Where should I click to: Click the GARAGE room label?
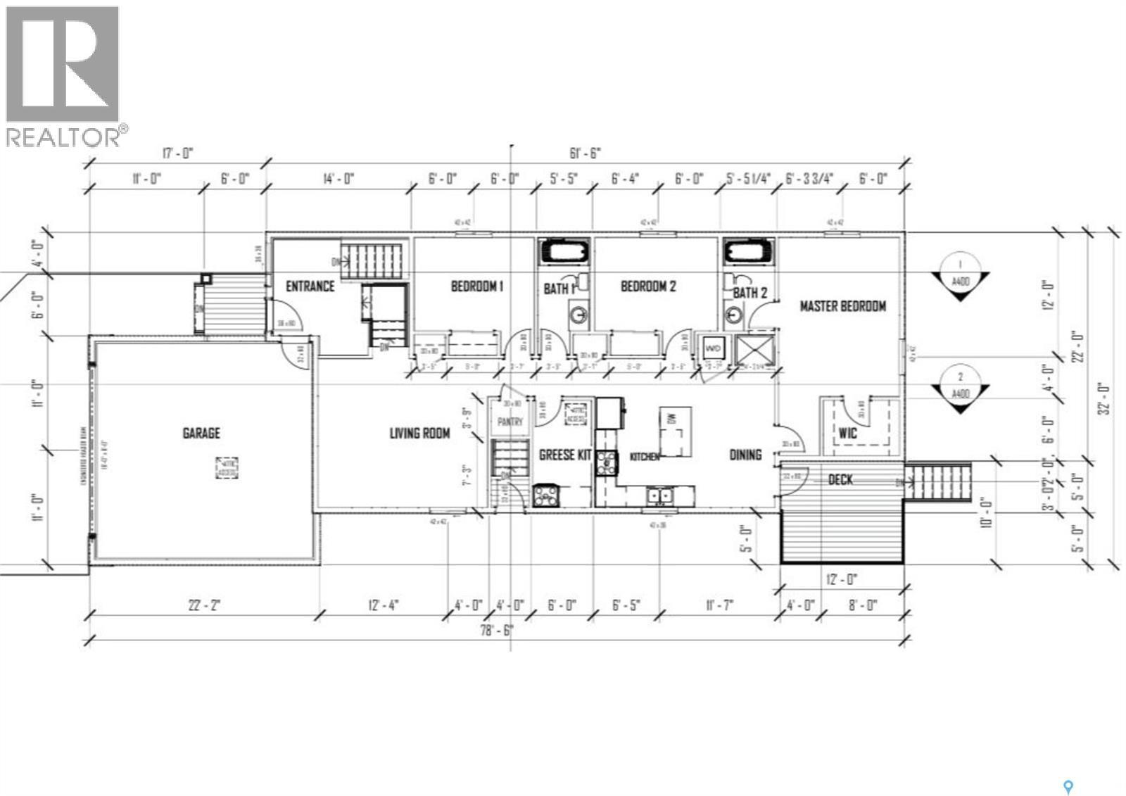[201, 434]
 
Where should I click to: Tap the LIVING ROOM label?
[419, 434]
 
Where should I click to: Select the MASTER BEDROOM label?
[842, 306]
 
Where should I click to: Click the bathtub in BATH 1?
[565, 252]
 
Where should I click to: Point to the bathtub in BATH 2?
[749, 252]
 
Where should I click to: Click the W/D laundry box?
[713, 348]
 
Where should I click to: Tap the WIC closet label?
[848, 434]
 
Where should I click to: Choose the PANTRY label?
[510, 422]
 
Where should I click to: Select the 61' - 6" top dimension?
[585, 153]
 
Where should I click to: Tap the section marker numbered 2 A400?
[961, 387]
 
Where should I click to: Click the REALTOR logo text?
[63, 137]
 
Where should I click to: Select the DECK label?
[840, 480]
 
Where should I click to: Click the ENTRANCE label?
[310, 286]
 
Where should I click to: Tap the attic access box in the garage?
[227, 468]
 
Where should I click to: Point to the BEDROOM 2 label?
[648, 286]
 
